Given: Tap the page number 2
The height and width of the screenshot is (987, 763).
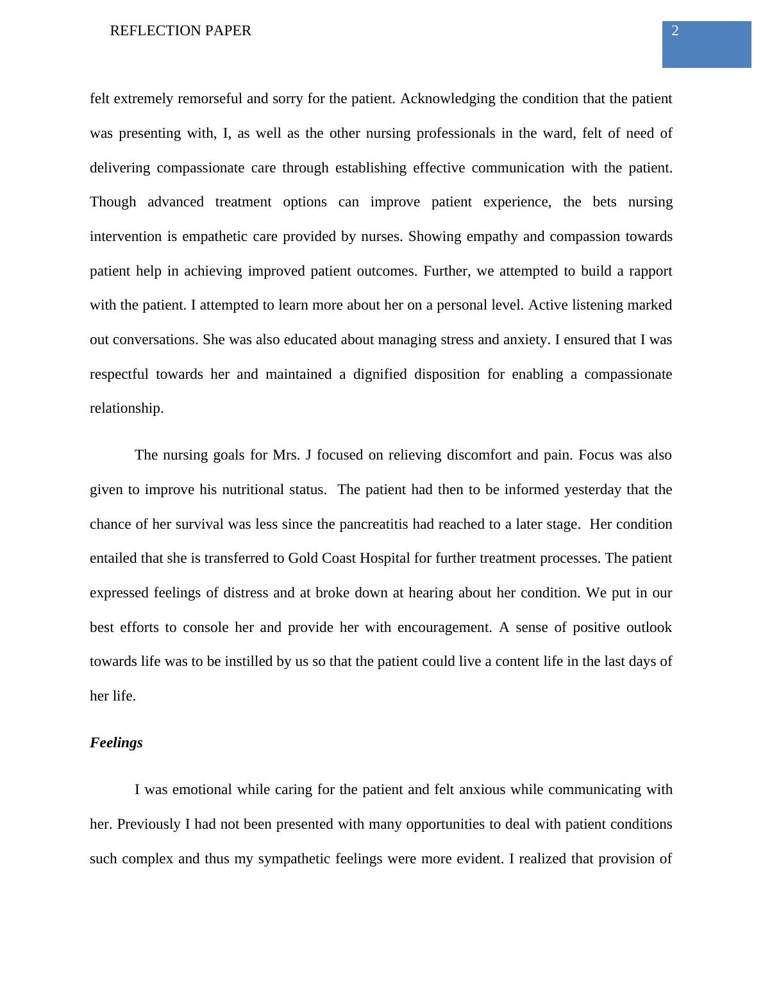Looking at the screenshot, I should click(x=675, y=31).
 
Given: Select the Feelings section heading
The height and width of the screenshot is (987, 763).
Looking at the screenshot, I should click(x=116, y=743).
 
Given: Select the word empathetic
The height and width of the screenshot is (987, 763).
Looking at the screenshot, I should click(x=216, y=236).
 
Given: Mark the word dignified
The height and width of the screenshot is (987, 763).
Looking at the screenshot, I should click(x=373, y=374).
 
